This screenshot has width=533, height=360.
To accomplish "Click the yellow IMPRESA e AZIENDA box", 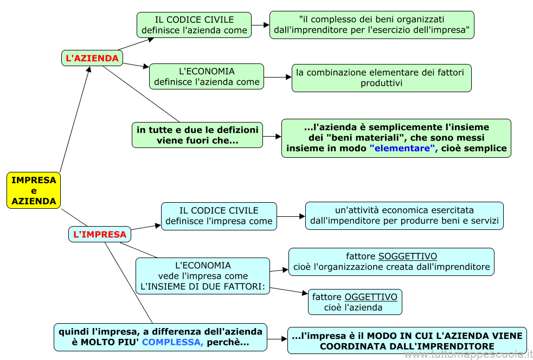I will (x=34, y=190).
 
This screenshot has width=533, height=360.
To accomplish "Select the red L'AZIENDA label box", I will (x=92, y=58).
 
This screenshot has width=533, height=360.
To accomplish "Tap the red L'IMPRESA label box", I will (x=100, y=234).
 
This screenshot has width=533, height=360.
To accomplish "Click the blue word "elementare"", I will (x=404, y=148).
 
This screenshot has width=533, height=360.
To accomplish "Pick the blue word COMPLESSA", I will (x=173, y=343).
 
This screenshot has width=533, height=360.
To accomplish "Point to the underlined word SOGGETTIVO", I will (x=408, y=256).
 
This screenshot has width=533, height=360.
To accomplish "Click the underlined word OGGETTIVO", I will (x=371, y=297).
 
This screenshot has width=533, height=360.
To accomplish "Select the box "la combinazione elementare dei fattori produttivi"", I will (x=381, y=78).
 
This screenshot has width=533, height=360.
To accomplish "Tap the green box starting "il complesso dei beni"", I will (x=371, y=25).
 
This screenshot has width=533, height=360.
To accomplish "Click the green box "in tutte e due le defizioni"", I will (x=197, y=135).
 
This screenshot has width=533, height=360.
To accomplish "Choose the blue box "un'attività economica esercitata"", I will (x=404, y=215).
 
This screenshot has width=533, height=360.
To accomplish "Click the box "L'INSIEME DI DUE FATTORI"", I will (x=203, y=276).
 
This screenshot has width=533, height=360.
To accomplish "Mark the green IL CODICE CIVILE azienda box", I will (x=194, y=25).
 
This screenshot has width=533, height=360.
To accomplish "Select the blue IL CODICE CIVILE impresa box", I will (x=219, y=216).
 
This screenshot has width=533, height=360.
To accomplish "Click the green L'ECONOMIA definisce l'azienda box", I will (x=207, y=76).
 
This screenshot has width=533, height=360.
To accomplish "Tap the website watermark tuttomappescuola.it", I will (x=468, y=355).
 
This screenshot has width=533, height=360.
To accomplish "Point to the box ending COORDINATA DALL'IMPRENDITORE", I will (x=407, y=341).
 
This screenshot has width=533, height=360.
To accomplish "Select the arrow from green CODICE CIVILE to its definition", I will (x=261, y=25).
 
